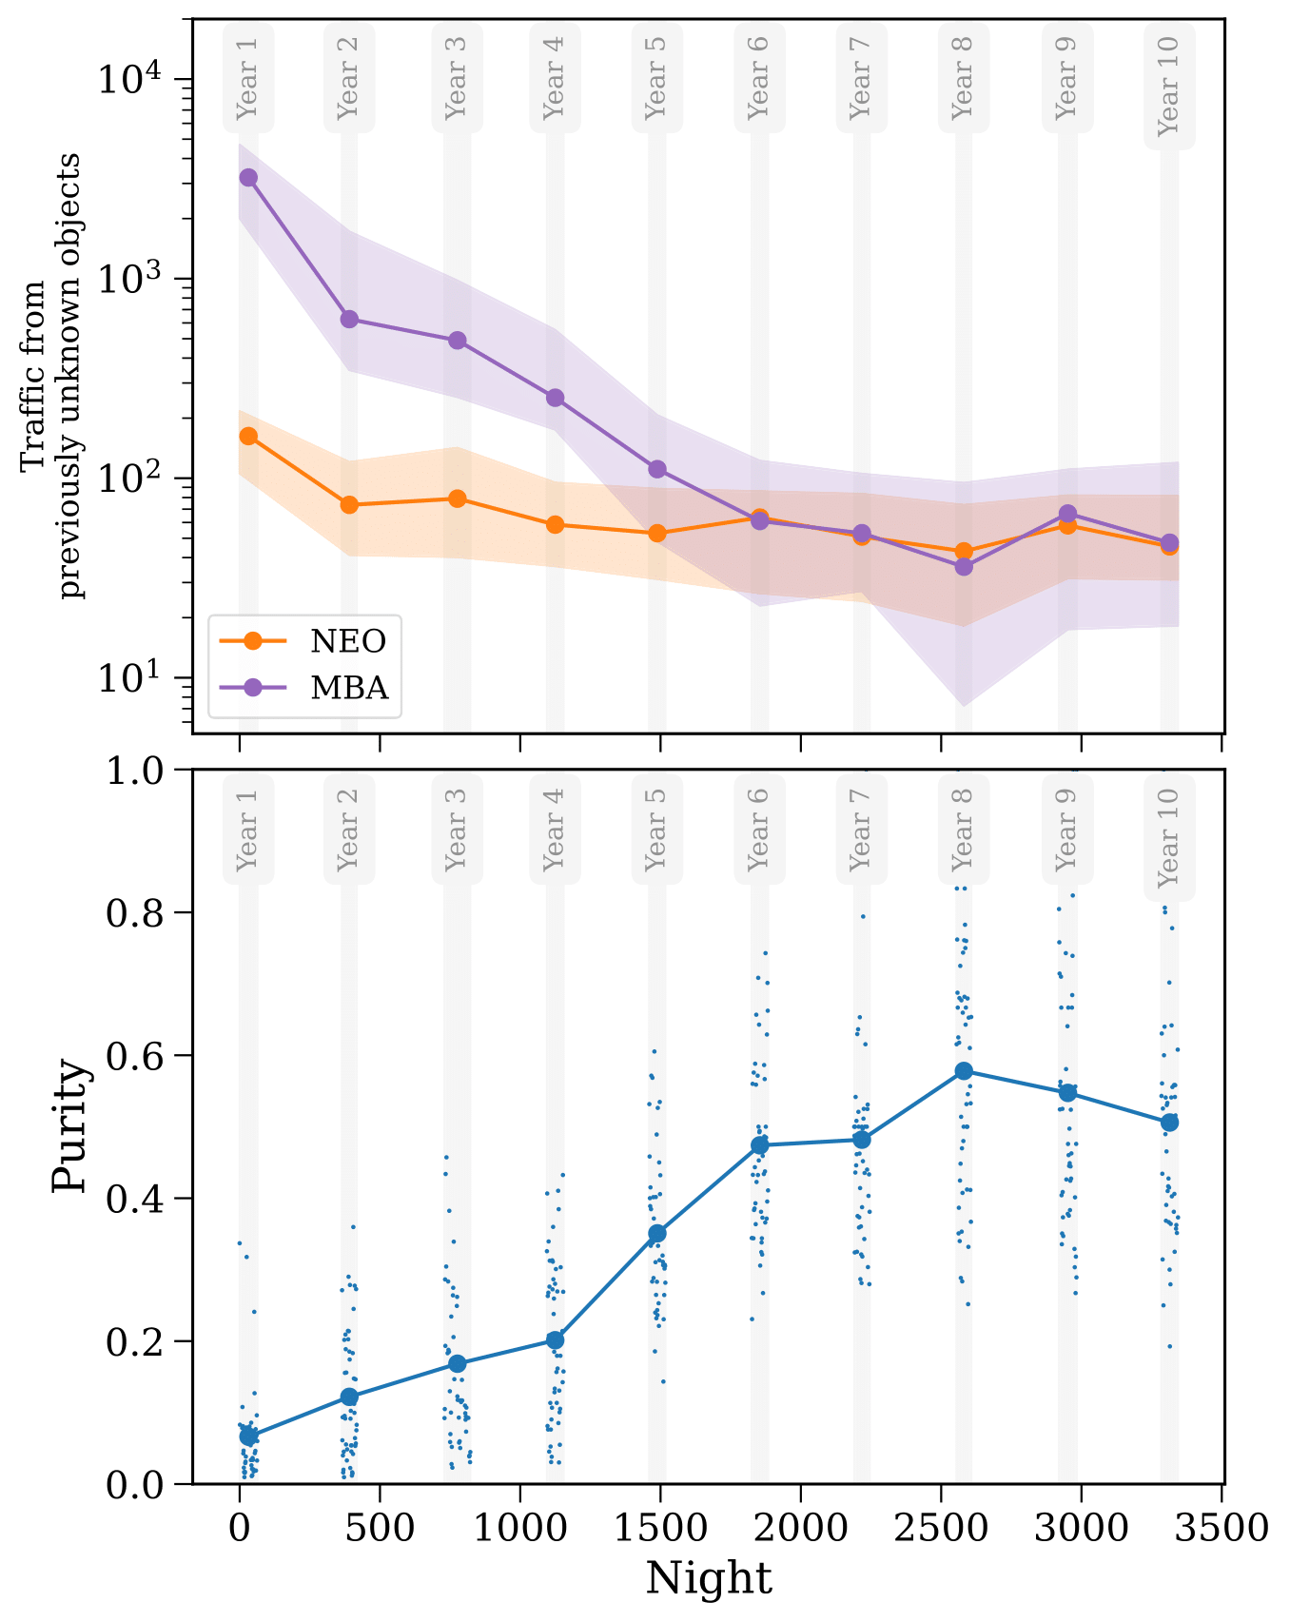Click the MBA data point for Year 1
point(248,178)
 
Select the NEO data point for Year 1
point(248,436)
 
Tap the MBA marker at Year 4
point(555,398)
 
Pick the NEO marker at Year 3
point(457,498)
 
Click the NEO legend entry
point(348,642)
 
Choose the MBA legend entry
point(349,687)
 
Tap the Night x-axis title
point(709,1578)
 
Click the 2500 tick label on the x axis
point(940,1529)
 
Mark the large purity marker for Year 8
point(964,1071)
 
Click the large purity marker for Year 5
point(656,1234)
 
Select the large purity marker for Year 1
point(248,1436)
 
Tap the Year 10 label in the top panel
point(1168,86)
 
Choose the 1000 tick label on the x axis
point(519,1529)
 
